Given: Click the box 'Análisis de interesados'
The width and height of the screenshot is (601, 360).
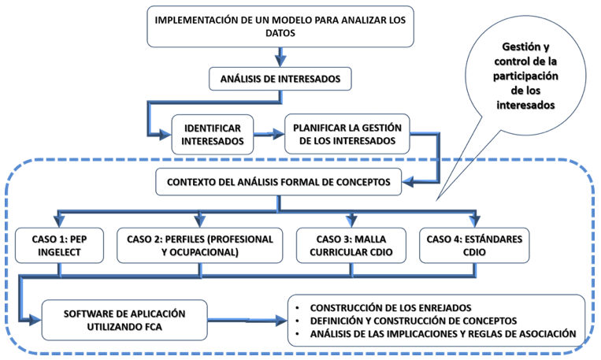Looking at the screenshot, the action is tap(280, 79).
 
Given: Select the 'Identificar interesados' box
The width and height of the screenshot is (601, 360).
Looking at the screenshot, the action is tap(213, 135).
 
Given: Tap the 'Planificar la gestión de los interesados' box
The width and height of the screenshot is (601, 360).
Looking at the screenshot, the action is tap(347, 134).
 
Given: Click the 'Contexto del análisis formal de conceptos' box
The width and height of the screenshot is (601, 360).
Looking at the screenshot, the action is tap(279, 182).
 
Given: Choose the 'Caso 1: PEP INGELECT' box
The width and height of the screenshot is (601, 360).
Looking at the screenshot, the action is tap(59, 245).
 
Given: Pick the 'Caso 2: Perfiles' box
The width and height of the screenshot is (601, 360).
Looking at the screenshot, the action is tap(200, 245).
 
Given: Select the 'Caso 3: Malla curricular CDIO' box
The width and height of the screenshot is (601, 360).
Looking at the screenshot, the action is tap(351, 245).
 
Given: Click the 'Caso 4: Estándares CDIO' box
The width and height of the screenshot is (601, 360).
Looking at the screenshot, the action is tap(474, 245).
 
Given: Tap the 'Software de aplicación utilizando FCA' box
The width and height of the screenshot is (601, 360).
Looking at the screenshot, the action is tap(124, 320).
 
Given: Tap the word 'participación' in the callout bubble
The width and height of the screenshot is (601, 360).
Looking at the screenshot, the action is tap(525, 76).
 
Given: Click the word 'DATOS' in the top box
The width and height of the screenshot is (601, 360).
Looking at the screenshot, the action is tap(280, 33).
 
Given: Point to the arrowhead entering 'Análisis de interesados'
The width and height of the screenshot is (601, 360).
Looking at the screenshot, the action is tap(280, 61).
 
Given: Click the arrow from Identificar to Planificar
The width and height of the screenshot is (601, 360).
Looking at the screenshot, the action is tap(269, 134).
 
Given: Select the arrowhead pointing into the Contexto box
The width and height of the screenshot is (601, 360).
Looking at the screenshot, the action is tap(408, 181).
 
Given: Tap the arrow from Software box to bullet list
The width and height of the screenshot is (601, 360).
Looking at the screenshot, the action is tap(247, 320).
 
